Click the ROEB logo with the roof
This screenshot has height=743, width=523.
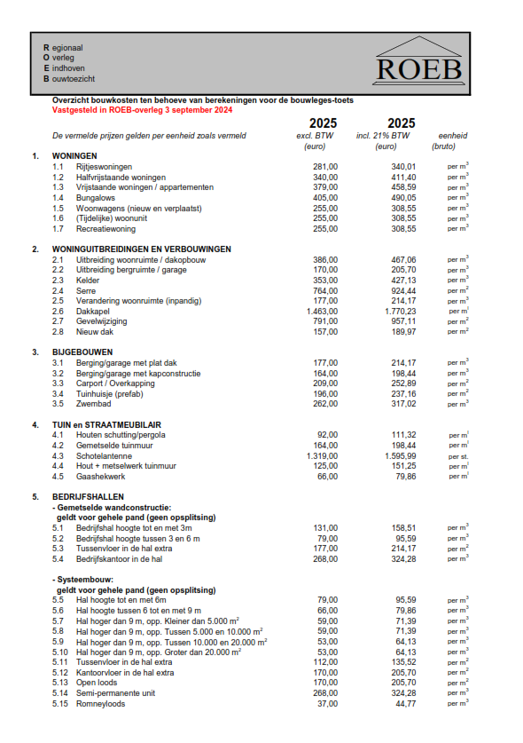418,62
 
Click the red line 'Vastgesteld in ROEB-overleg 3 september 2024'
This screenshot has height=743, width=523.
143,111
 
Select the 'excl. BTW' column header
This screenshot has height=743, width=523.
323,136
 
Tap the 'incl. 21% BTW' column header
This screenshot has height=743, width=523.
401,136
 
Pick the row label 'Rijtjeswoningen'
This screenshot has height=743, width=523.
104,166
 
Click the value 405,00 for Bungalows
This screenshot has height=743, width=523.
324,198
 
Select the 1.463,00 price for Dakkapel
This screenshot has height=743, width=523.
322,312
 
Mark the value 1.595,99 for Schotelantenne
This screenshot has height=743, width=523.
401,455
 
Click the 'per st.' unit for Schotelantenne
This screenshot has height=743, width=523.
457,455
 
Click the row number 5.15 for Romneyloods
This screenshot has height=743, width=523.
60,703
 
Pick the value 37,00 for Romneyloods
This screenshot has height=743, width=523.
326,703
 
